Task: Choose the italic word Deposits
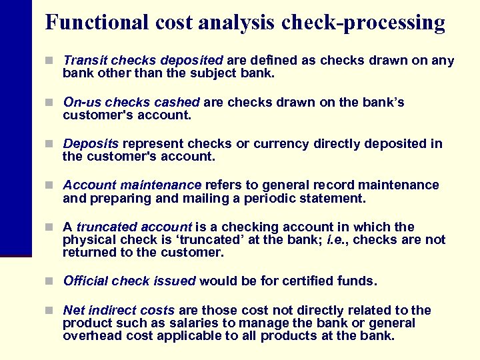[x=91, y=144]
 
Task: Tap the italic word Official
[x=86, y=281]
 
